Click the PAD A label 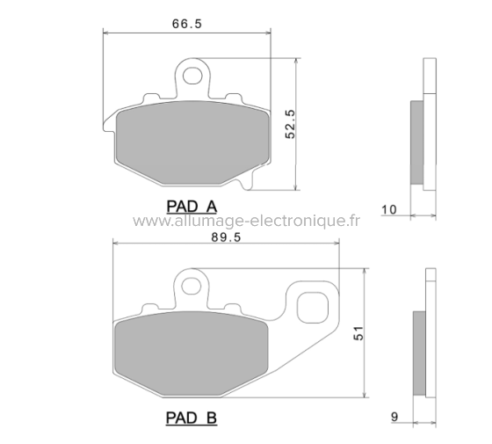pyautogui.click(x=192, y=207)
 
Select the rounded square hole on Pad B pyautogui.click(x=311, y=308)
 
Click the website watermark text pyautogui.click(x=246, y=222)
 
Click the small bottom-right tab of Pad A pyautogui.click(x=249, y=183)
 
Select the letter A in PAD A pyautogui.click(x=211, y=207)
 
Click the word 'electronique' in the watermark pyautogui.click(x=294, y=222)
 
